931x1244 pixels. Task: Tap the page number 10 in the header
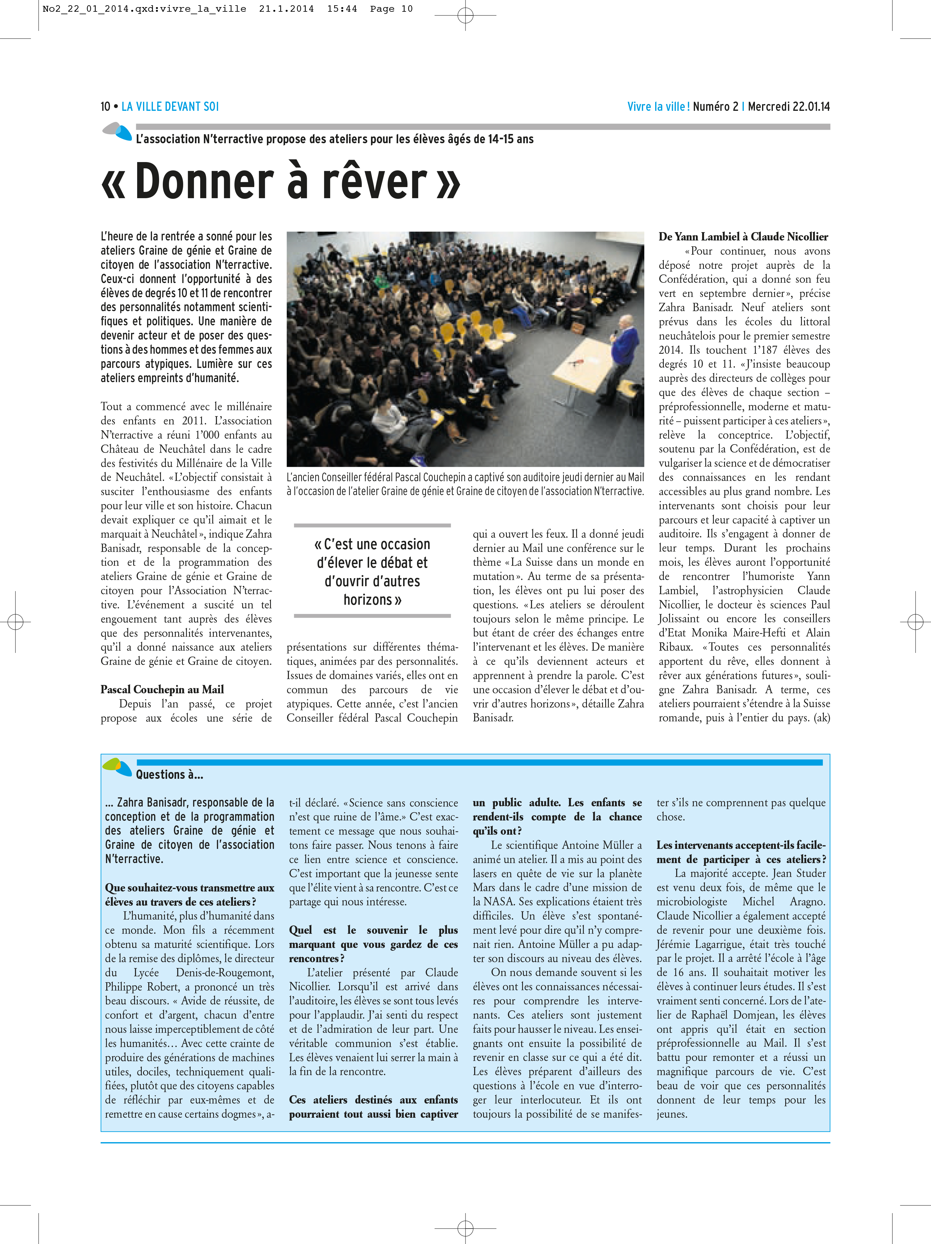pyautogui.click(x=105, y=107)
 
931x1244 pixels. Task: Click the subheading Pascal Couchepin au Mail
pyautogui.click(x=162, y=690)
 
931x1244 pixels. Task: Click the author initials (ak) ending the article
pyautogui.click(x=821, y=718)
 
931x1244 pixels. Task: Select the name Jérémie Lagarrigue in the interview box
pyautogui.click(x=698, y=944)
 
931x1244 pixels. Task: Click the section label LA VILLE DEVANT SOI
pyautogui.click(x=170, y=107)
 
